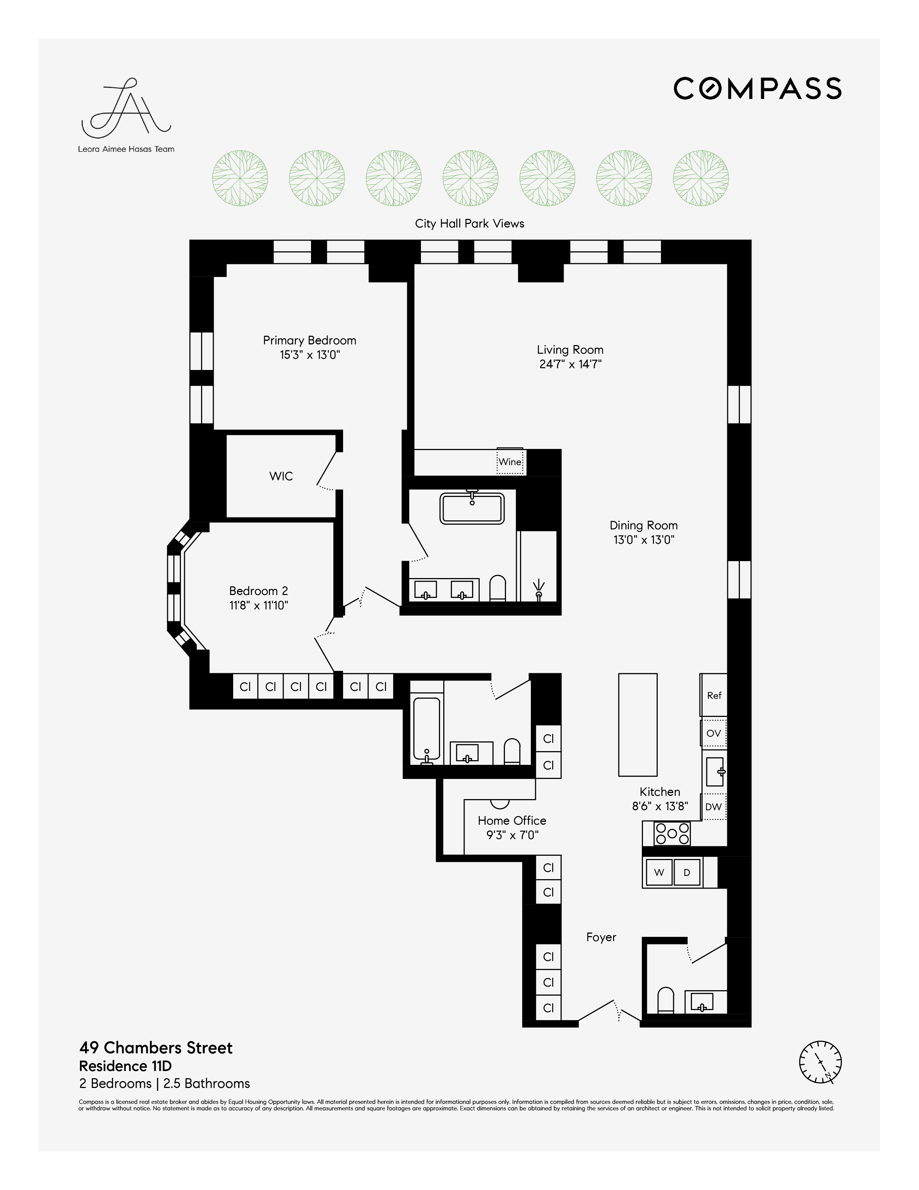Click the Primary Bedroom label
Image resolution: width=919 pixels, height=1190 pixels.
[x=309, y=340]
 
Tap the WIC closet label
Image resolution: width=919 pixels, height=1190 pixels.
[x=281, y=476]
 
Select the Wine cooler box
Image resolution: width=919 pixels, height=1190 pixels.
[x=510, y=462]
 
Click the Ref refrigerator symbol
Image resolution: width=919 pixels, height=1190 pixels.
[x=714, y=695]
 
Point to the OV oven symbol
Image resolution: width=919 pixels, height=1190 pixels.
[x=714, y=733]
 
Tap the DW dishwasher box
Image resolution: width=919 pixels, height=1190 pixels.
[x=713, y=806]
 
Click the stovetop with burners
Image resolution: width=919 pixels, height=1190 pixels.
[x=672, y=833]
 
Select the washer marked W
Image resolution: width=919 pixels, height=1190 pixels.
[x=659, y=872]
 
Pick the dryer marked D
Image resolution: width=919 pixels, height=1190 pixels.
[x=687, y=872]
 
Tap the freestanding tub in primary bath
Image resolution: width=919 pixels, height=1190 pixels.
[x=472, y=509]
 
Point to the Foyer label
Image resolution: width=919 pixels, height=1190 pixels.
[x=601, y=937]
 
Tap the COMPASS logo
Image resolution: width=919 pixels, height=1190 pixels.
[x=757, y=88]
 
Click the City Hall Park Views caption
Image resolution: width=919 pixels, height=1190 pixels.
[x=469, y=224]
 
